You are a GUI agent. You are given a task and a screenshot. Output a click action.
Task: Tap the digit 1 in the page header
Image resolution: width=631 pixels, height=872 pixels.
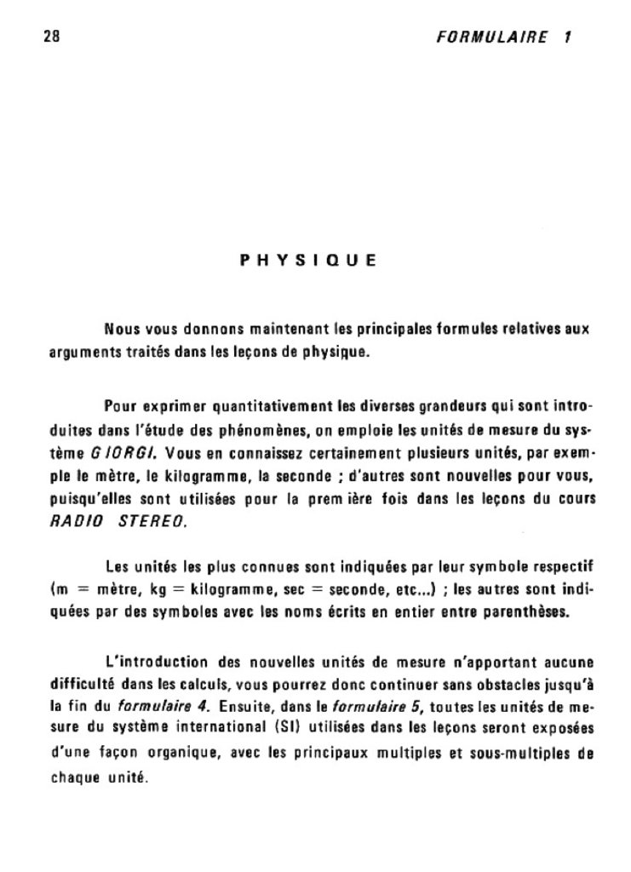[x=566, y=37]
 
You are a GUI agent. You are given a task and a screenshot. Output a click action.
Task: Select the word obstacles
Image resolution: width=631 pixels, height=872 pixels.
[x=477, y=684]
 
